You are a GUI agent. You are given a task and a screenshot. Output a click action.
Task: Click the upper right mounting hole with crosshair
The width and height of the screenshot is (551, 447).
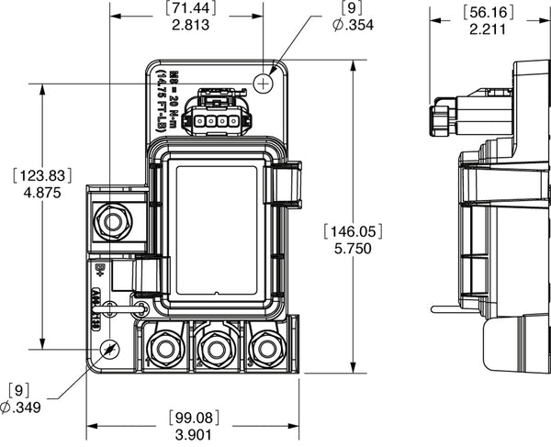(x=264, y=84)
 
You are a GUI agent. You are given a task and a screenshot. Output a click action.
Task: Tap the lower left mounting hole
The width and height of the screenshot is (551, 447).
(x=109, y=351)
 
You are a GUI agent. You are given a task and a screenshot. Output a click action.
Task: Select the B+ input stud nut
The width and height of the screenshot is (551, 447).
(x=115, y=221)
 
